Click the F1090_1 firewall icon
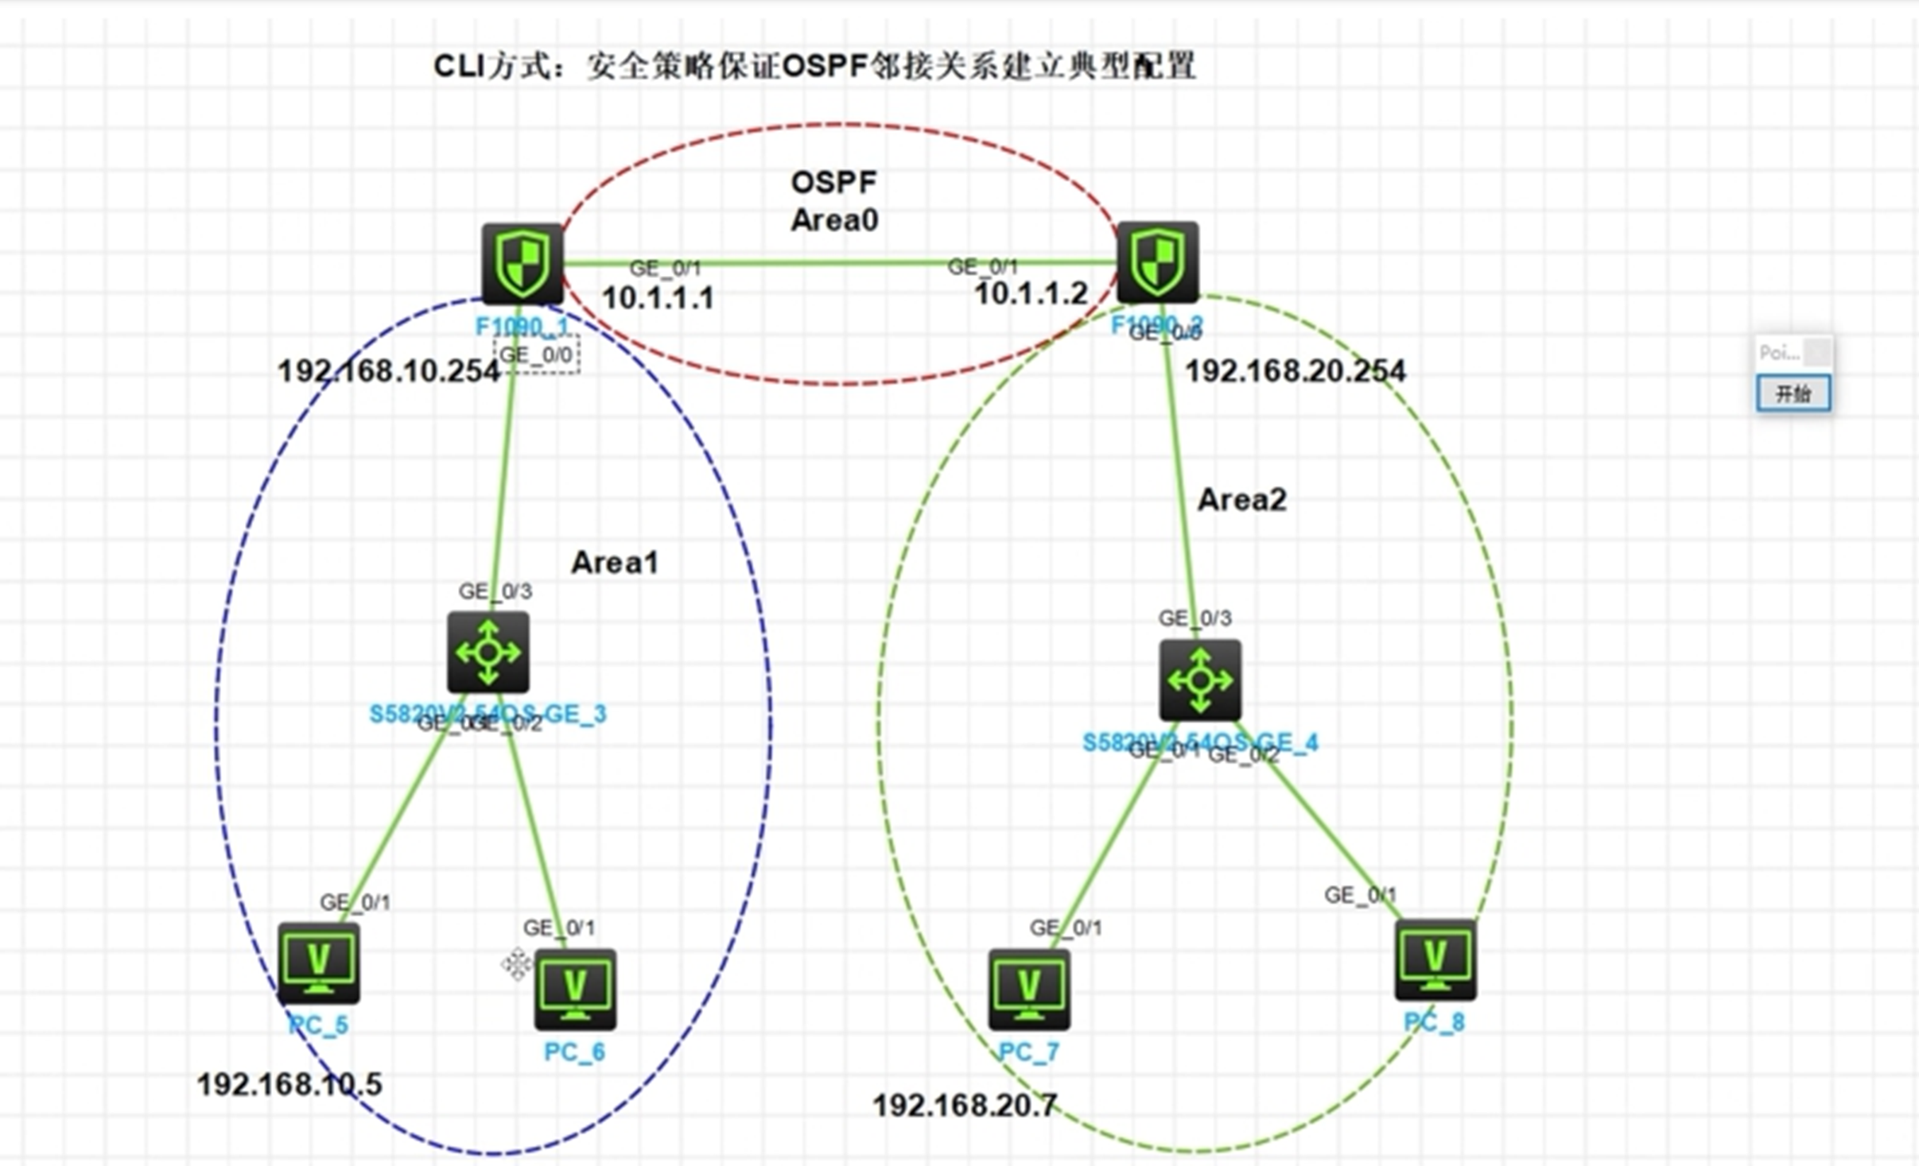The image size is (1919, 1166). (x=522, y=263)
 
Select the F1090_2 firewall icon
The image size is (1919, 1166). (x=1157, y=261)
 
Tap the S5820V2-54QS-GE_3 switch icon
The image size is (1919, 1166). (x=488, y=652)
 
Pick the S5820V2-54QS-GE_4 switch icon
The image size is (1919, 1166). (x=1199, y=680)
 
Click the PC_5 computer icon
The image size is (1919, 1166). (x=318, y=963)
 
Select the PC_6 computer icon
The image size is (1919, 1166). (x=575, y=989)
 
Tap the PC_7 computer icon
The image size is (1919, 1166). (x=1028, y=989)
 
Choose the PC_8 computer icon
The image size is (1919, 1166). (x=1435, y=959)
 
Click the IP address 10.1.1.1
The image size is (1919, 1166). (x=658, y=298)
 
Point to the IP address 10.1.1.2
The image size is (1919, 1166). (x=1031, y=294)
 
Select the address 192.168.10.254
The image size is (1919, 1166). (x=389, y=371)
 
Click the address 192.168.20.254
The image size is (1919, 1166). (x=1296, y=371)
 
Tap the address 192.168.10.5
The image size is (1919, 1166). (x=289, y=1084)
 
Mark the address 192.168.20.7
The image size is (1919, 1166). (x=965, y=1105)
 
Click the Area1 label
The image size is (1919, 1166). (x=615, y=563)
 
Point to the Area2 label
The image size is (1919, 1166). (x=1241, y=500)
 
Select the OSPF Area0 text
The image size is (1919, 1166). (x=834, y=201)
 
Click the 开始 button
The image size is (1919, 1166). (x=1793, y=393)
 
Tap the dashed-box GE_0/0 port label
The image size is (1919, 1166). (x=536, y=354)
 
